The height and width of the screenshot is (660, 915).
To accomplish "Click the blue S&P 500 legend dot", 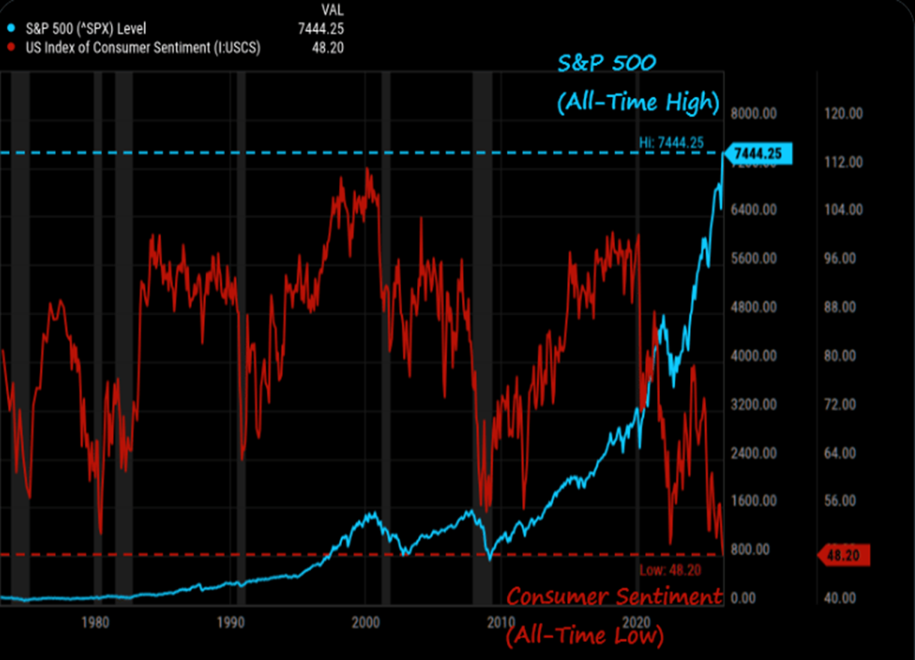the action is pyautogui.click(x=11, y=28).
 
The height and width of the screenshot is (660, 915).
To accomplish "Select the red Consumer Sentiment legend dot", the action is pyautogui.click(x=11, y=47).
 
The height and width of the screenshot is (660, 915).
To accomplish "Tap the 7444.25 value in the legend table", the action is pyautogui.click(x=321, y=28).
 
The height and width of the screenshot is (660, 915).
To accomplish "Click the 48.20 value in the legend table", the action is pyautogui.click(x=328, y=48).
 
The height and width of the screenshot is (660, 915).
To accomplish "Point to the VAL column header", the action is pyautogui.click(x=332, y=10).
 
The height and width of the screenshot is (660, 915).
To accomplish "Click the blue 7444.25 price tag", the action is pyautogui.click(x=757, y=154).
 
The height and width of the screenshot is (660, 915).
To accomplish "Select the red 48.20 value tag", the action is pyautogui.click(x=844, y=556).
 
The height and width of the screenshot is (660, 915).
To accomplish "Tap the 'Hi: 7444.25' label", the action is pyautogui.click(x=671, y=142).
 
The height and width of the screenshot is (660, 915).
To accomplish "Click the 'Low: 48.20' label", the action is pyautogui.click(x=670, y=570).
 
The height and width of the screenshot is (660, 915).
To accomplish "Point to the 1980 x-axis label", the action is pyautogui.click(x=95, y=622).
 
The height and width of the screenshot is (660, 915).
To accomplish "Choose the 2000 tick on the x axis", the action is pyautogui.click(x=365, y=622).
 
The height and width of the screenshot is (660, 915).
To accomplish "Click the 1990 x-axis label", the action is pyautogui.click(x=230, y=622).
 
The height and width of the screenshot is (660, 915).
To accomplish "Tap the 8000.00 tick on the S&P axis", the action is pyautogui.click(x=754, y=113).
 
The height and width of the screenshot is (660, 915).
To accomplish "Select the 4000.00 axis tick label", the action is pyautogui.click(x=754, y=355).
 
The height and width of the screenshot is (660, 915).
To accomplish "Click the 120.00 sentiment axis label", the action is pyautogui.click(x=844, y=113).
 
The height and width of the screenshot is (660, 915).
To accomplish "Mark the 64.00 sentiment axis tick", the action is pyautogui.click(x=840, y=453).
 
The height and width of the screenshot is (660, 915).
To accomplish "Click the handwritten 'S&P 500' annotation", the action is pyautogui.click(x=607, y=63).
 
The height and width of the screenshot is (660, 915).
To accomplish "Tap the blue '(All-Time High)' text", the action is pyautogui.click(x=638, y=102).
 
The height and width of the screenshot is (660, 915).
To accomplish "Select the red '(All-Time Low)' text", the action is pyautogui.click(x=585, y=635).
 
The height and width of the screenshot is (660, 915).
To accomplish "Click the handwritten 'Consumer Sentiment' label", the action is pyautogui.click(x=614, y=596).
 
